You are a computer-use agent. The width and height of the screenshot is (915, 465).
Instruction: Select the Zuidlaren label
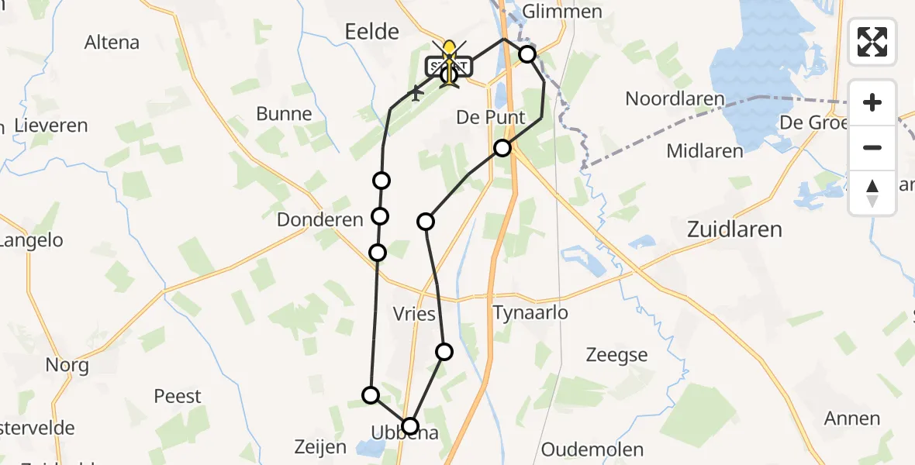pos(734,229)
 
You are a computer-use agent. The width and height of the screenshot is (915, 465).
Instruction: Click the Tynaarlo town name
pos(530,313)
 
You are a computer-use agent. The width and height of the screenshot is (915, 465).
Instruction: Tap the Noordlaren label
pos(675,99)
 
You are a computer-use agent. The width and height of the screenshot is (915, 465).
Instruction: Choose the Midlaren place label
pos(705,151)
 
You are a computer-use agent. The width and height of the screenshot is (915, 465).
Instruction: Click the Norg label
pos(67,365)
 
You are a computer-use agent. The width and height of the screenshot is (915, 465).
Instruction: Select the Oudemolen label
pos(592,449)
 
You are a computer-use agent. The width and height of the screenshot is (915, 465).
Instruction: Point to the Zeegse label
pos(616,355)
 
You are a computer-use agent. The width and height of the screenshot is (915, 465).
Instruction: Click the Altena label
pos(112,43)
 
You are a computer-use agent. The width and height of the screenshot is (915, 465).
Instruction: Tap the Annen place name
pos(851,418)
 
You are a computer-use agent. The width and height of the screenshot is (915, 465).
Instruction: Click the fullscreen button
pos(872,42)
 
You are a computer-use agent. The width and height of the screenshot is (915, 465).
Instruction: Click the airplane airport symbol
pos(416,94)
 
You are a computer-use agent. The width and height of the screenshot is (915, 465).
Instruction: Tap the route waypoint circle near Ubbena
pos(409,425)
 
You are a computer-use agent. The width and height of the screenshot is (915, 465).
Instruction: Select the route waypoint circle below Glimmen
pos(527,54)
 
